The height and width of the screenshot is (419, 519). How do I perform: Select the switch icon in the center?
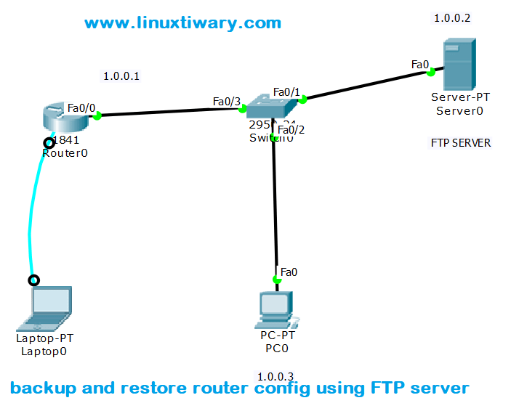click(x=270, y=107)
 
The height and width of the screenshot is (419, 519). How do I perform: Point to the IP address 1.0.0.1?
click(x=121, y=76)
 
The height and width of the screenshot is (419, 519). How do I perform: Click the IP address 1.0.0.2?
click(x=451, y=18)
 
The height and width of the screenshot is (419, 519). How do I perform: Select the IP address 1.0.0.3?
click(x=275, y=376)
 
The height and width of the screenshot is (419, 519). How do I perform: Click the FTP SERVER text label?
click(x=460, y=143)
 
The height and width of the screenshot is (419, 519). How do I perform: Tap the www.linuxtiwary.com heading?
click(x=182, y=23)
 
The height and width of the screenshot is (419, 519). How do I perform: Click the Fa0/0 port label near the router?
click(x=81, y=107)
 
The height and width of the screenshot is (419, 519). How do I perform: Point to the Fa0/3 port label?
click(x=226, y=101)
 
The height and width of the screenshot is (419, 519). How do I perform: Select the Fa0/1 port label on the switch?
click(x=286, y=91)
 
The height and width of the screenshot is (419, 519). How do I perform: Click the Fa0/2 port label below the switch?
click(x=291, y=130)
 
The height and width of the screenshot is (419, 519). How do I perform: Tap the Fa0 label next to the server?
click(x=419, y=65)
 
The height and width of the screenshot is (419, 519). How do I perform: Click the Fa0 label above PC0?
click(x=289, y=272)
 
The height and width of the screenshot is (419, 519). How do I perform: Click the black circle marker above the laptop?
click(x=33, y=280)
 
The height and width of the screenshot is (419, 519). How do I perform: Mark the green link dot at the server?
click(x=431, y=72)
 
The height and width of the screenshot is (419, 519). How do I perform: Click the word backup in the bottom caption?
click(x=42, y=388)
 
